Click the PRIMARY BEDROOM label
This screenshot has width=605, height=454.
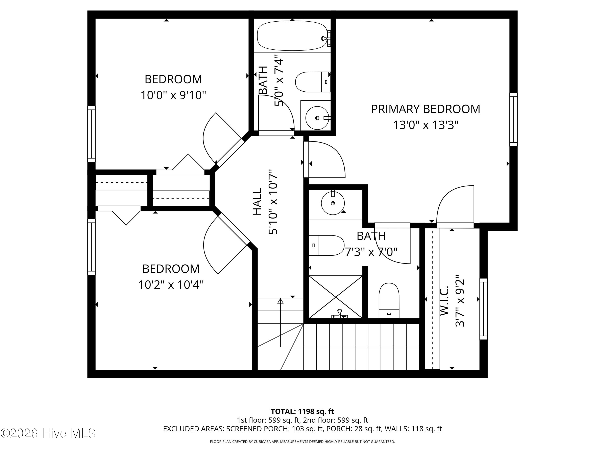pyautogui.click(x=426, y=109)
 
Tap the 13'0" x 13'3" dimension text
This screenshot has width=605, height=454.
pyautogui.click(x=426, y=125)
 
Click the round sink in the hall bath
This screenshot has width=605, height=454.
pyautogui.click(x=317, y=118)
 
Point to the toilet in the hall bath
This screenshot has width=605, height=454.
pyautogui.click(x=313, y=82)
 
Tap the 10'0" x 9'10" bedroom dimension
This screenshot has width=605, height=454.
pyautogui.click(x=173, y=95)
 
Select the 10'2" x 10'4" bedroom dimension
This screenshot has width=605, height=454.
pyautogui.click(x=171, y=285)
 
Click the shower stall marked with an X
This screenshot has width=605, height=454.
pyautogui.click(x=336, y=297)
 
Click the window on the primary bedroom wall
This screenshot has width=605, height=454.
pyautogui.click(x=513, y=119)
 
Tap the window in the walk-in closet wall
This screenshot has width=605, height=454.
pyautogui.click(x=484, y=309)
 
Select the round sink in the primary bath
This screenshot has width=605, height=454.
pyautogui.click(x=333, y=203)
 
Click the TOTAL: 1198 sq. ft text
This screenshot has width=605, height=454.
pyautogui.click(x=302, y=411)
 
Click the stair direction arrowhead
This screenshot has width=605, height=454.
pyautogui.click(x=280, y=301)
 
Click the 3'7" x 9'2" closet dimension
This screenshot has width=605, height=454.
pyautogui.click(x=460, y=301)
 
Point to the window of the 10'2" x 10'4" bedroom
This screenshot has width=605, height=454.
pyautogui.click(x=91, y=247)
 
